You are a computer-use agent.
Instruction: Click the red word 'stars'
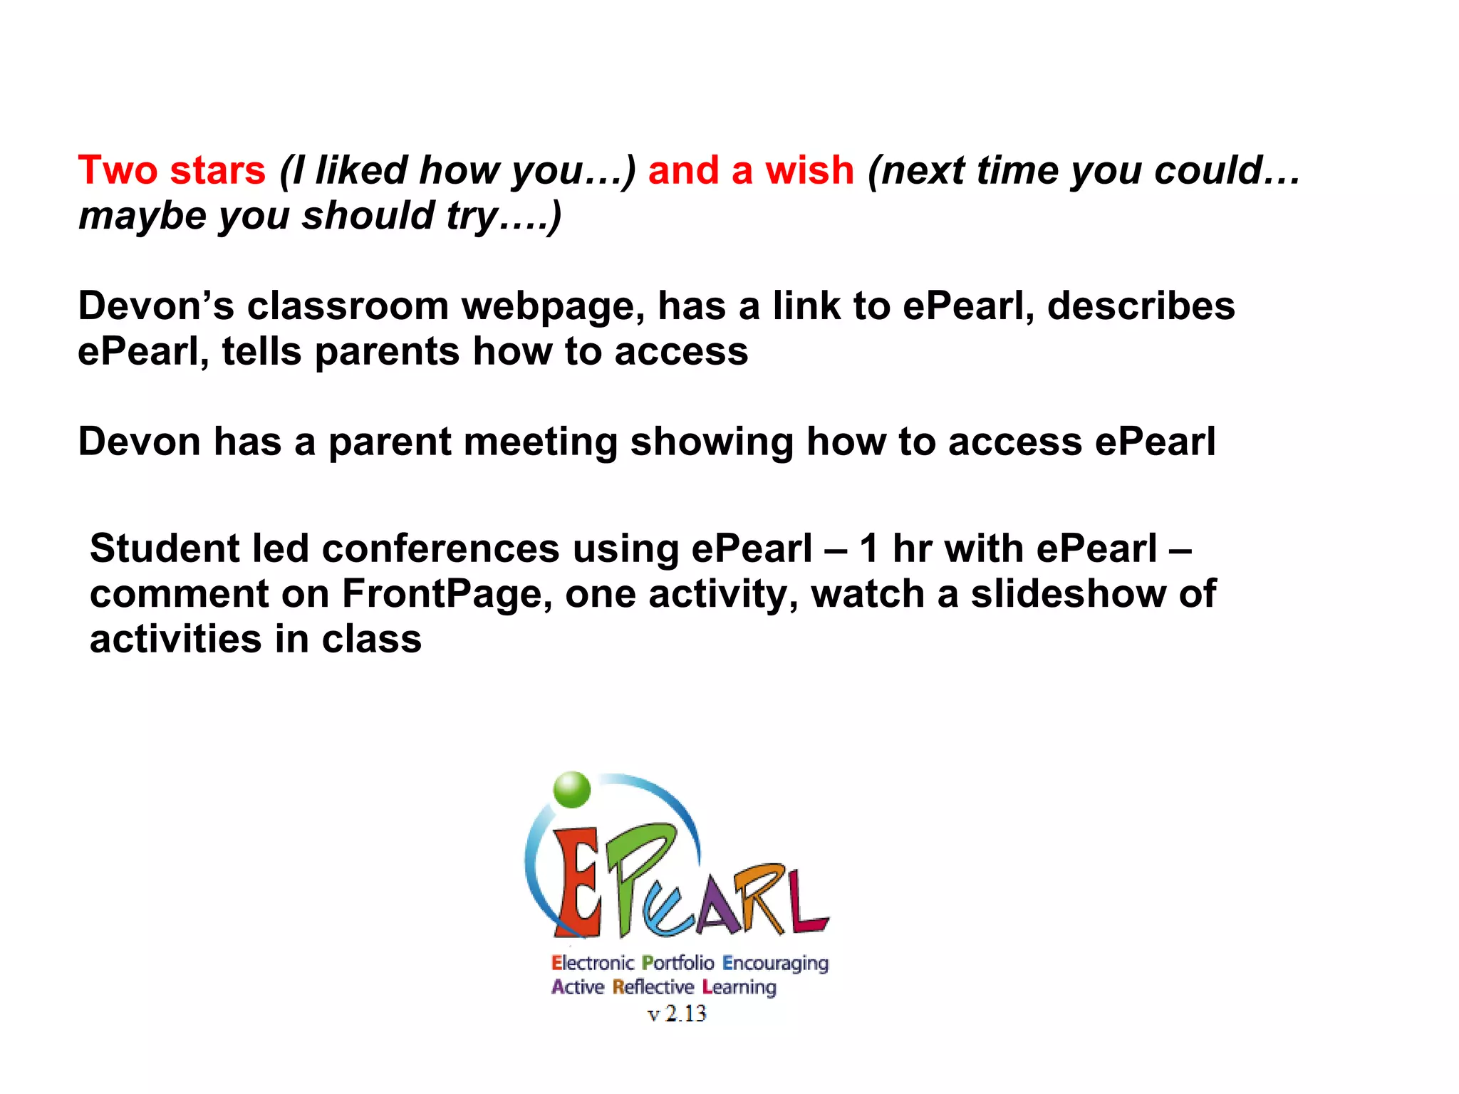(218, 171)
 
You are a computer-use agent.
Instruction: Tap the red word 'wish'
(809, 171)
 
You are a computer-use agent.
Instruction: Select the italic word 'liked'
(361, 171)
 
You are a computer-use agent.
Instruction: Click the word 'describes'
(1141, 306)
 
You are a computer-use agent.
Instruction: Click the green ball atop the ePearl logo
(572, 790)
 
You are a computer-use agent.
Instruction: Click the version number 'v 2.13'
(677, 1013)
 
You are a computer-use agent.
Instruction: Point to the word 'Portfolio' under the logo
(677, 964)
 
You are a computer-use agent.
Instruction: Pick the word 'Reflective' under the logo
(653, 988)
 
